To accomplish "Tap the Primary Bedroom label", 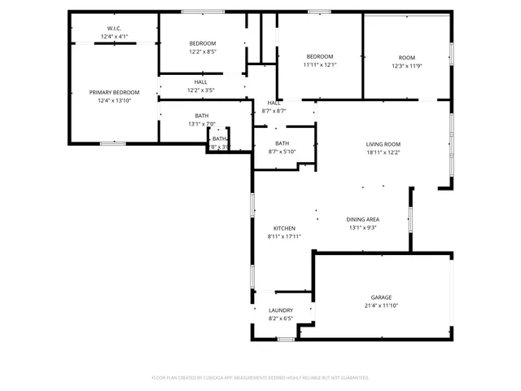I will pyautogui.click(x=114, y=93).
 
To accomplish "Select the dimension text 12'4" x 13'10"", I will pyautogui.click(x=114, y=101).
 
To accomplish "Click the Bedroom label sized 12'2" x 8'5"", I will pyautogui.click(x=203, y=43).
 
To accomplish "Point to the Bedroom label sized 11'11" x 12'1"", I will pyautogui.click(x=320, y=56).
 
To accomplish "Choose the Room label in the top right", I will pyautogui.click(x=406, y=57).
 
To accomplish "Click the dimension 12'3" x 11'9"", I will pyautogui.click(x=406, y=65).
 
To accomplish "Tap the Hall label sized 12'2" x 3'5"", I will pyautogui.click(x=201, y=81).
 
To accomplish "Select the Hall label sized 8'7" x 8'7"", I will pyautogui.click(x=274, y=103).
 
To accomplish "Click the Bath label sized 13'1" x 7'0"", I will pyautogui.click(x=201, y=116).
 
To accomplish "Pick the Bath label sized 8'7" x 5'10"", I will pyautogui.click(x=282, y=143).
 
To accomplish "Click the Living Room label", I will pyautogui.click(x=383, y=143).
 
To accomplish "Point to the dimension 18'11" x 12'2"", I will pyautogui.click(x=383, y=152).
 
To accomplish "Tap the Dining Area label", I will pyautogui.click(x=363, y=219).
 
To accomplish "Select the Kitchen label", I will pyautogui.click(x=284, y=228).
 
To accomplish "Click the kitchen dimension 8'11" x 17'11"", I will pyautogui.click(x=284, y=236).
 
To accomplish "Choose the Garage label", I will pyautogui.click(x=382, y=297).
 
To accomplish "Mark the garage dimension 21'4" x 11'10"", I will pyautogui.click(x=382, y=305).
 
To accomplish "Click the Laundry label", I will pyautogui.click(x=280, y=310).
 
